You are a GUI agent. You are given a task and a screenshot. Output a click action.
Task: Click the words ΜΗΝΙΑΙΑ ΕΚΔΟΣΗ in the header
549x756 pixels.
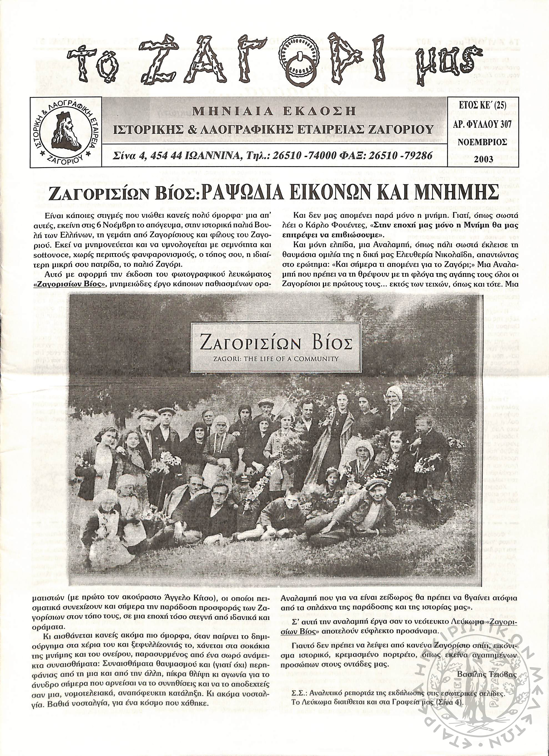[x=274, y=111]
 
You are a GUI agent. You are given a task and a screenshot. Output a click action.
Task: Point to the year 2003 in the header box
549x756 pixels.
[x=483, y=159]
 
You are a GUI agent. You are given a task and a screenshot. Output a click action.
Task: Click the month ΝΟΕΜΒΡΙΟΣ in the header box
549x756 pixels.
[x=483, y=142]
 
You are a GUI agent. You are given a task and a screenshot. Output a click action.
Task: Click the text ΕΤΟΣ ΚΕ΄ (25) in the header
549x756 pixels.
[x=483, y=106]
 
